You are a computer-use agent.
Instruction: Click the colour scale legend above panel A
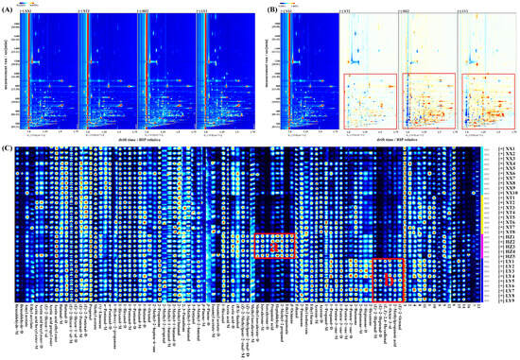click(x=29, y=4)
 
